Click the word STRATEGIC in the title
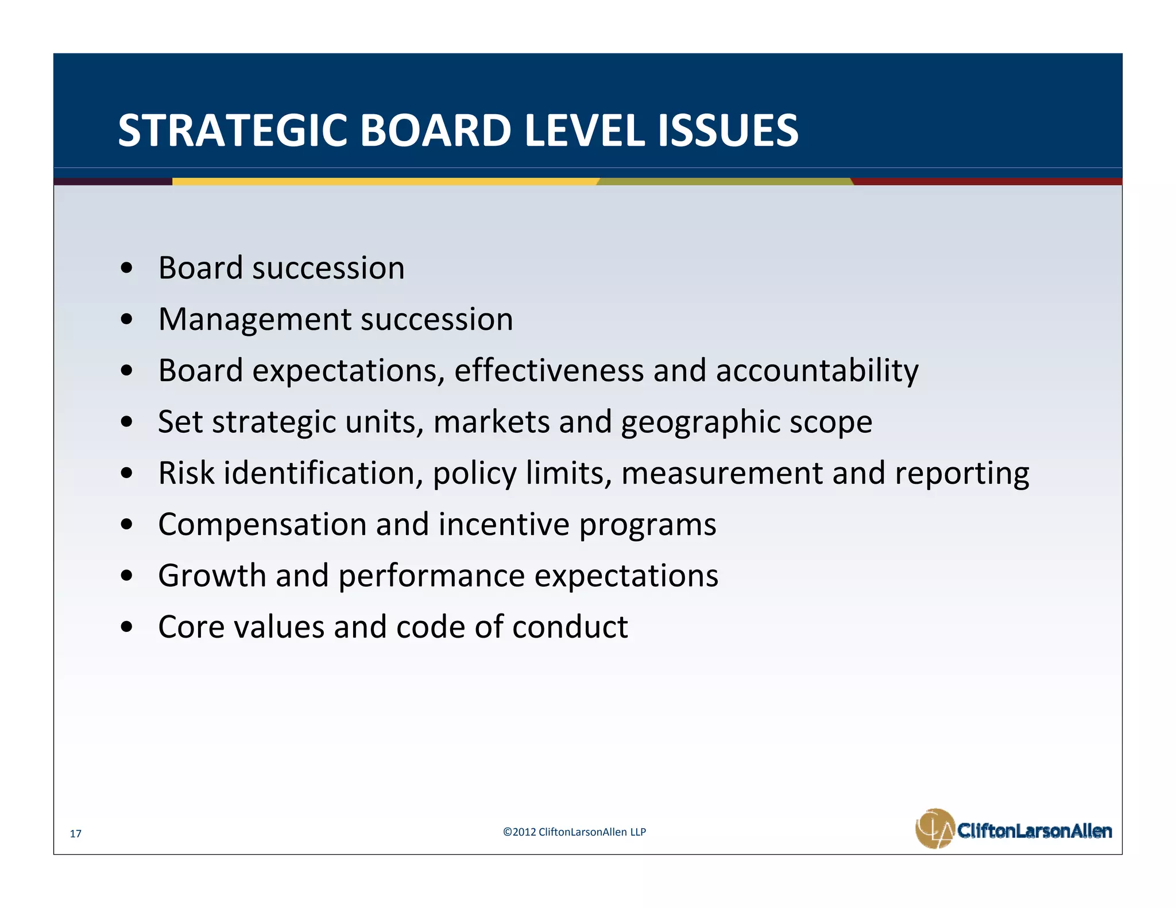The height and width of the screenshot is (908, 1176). (233, 131)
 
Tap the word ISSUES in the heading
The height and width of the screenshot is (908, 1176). (728, 131)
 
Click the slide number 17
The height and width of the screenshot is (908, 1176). (75, 833)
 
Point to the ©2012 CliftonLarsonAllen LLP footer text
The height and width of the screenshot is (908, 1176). (574, 832)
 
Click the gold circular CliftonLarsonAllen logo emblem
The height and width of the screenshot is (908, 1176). (935, 828)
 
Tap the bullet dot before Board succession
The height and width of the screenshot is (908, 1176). (127, 269)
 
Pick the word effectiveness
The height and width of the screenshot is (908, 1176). (548, 370)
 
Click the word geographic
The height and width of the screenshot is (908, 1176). (701, 422)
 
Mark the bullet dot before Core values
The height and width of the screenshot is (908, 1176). (127, 627)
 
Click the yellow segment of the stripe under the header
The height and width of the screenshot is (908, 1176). (385, 181)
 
